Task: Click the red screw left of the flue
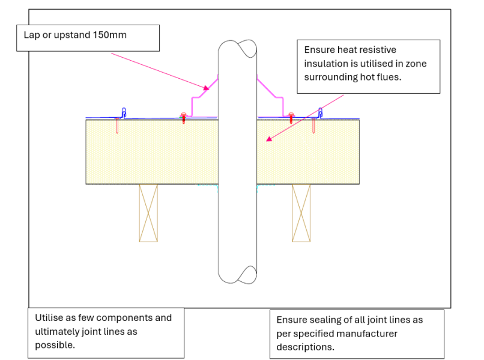(x=184, y=117)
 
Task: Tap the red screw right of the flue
(x=292, y=117)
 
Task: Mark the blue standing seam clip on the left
(x=124, y=112)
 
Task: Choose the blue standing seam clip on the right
(x=321, y=112)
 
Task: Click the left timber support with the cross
(x=148, y=213)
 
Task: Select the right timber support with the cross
(x=301, y=213)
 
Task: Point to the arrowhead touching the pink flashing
(x=206, y=87)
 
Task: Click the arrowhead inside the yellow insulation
(x=270, y=139)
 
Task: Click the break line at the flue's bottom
(x=238, y=276)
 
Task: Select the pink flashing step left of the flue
(x=198, y=99)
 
